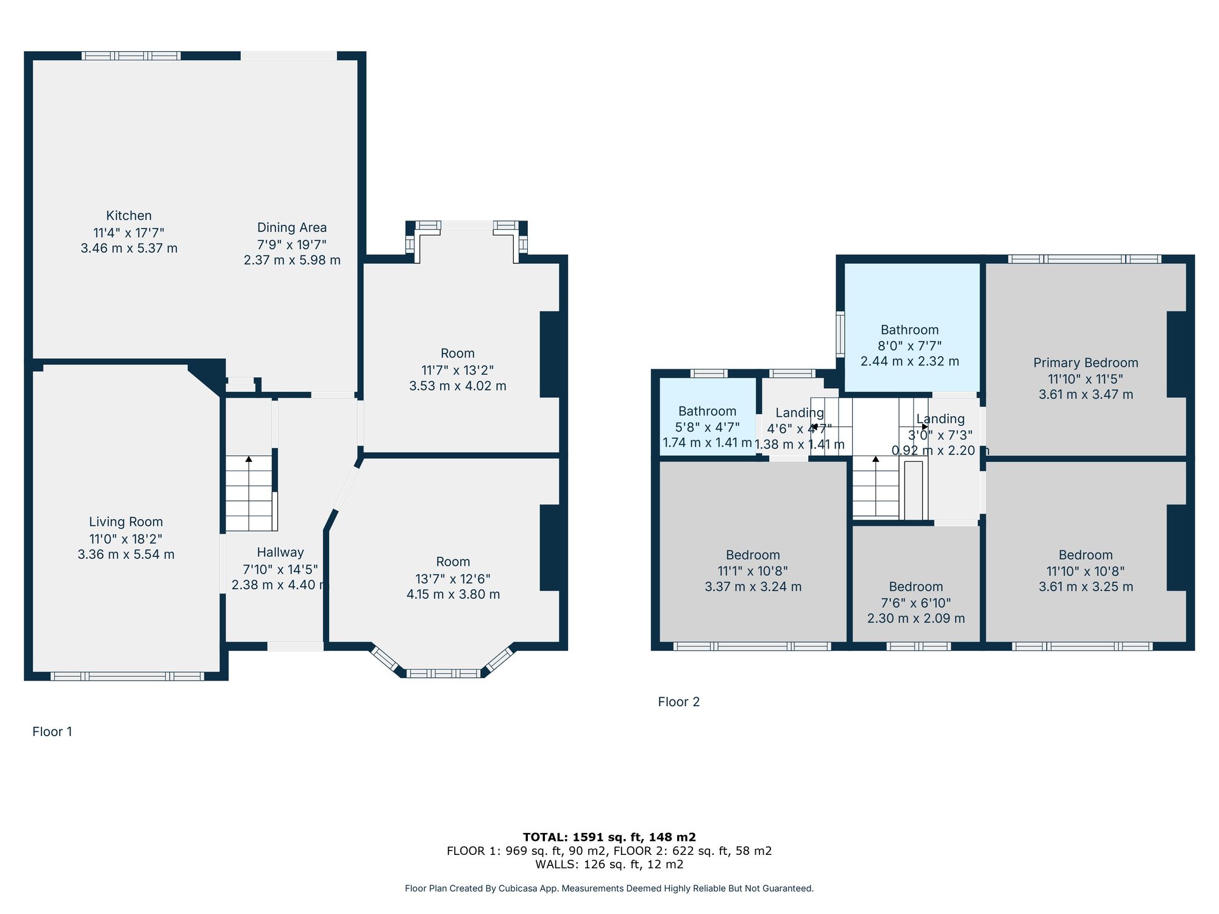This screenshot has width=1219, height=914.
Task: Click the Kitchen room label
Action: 129,216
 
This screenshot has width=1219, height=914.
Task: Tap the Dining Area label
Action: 292,227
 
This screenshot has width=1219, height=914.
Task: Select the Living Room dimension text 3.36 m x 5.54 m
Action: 126,554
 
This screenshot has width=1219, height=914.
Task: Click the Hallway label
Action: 280,552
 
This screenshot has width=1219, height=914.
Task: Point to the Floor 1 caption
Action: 52,732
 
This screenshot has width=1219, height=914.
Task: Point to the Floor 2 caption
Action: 678,702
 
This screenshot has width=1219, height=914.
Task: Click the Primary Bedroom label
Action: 1086,363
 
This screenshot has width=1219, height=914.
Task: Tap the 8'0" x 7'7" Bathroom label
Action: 909,330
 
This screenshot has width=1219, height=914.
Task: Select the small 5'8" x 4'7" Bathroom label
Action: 707,411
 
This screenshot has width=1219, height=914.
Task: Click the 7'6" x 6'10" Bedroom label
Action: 915,587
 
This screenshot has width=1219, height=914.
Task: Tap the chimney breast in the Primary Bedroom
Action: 1177,354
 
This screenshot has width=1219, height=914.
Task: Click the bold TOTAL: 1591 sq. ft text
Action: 609,837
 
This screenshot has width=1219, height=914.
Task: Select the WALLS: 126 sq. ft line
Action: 609,864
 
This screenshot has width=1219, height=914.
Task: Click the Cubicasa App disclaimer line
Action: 609,888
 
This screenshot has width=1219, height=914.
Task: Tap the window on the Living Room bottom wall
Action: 127,676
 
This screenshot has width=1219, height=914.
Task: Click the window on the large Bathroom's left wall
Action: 840,334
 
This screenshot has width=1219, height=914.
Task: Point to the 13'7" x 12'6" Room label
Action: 453,562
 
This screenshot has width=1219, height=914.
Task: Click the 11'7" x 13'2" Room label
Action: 457,353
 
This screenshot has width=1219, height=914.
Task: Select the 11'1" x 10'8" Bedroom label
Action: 753,555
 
